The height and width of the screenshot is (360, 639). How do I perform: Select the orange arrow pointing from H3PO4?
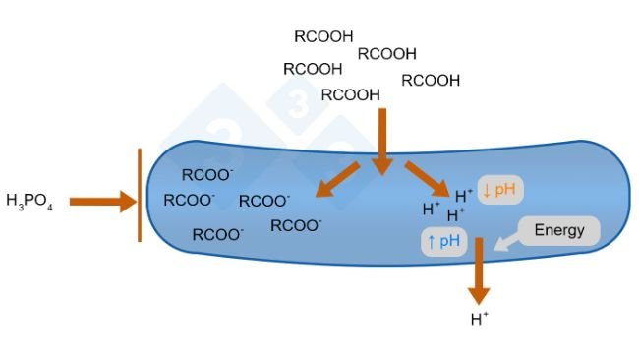click(x=104, y=202)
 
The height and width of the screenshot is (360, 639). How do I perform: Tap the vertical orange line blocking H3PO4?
click(x=140, y=195)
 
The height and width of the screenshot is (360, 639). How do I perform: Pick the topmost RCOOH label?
click(x=323, y=36)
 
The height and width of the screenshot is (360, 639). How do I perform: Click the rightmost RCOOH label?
click(x=431, y=81)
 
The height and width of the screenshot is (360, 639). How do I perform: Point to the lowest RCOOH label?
click(x=351, y=95)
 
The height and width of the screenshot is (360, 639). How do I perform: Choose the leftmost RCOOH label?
click(x=313, y=69)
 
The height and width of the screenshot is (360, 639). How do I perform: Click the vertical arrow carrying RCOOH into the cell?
click(x=381, y=142)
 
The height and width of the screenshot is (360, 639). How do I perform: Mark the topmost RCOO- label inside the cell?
click(x=207, y=175)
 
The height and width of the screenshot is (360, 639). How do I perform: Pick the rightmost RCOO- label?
click(x=296, y=225)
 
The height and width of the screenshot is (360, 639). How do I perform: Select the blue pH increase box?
click(x=443, y=241)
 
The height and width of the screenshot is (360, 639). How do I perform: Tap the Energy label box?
click(x=559, y=231)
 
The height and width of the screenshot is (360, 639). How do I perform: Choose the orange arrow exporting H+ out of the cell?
click(x=478, y=270)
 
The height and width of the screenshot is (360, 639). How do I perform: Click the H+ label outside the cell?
click(x=480, y=319)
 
